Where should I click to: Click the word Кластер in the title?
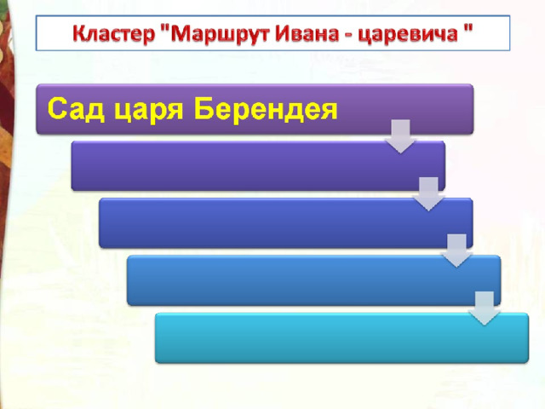(114, 34)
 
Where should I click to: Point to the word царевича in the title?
(408, 35)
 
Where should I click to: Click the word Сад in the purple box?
(76, 108)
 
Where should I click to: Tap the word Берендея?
(266, 110)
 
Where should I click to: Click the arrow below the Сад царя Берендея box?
(400, 136)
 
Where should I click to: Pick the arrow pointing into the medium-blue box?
(456, 251)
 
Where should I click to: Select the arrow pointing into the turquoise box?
(485, 308)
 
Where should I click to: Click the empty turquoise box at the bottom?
(341, 338)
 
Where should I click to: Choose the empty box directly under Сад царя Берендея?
(258, 166)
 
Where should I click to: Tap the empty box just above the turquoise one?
(314, 280)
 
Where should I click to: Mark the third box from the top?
(286, 223)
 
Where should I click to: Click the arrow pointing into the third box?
(428, 194)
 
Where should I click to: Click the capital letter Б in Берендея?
(204, 108)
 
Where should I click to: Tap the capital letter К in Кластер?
(80, 34)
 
